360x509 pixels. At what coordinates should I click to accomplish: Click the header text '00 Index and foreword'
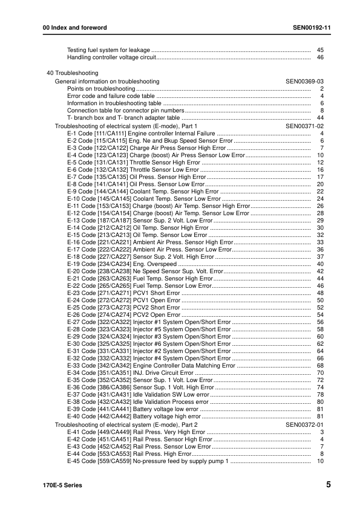pos(71,28)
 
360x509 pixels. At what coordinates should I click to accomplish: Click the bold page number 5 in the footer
pos(328,484)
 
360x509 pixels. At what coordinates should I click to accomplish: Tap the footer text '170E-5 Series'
pos(62,485)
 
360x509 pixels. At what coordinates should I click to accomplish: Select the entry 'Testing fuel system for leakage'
pos(108,50)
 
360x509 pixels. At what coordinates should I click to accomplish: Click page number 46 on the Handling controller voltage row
pos(321,57)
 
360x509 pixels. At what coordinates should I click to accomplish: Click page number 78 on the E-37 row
pos(321,395)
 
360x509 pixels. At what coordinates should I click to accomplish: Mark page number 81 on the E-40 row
pos(321,417)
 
